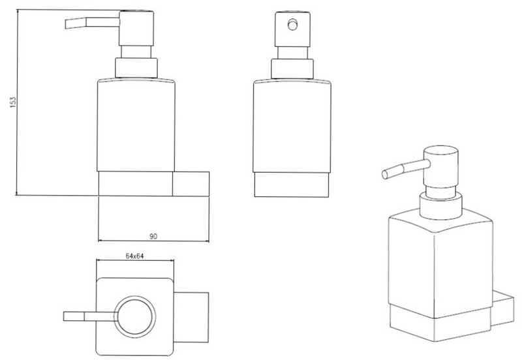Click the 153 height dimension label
pyautogui.click(x=12, y=102)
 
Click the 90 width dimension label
pyautogui.click(x=153, y=237)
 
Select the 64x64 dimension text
pyautogui.click(x=134, y=256)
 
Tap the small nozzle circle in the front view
pyautogui.click(x=292, y=25)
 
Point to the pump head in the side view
pyautogui.click(x=136, y=28)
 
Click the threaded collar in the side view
pyautogui.click(x=136, y=68)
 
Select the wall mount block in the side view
pyautogui.click(x=191, y=184)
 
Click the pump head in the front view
pyautogui.click(x=292, y=29)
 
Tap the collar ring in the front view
pyautogui.click(x=292, y=69)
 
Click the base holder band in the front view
pyautogui.click(x=292, y=185)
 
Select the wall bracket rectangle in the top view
pyautogui.click(x=191, y=318)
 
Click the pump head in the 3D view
pyautogui.click(x=441, y=167)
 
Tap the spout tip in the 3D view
pyautogui.click(x=385, y=175)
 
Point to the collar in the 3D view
pyautogui.click(x=441, y=205)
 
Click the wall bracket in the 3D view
pyautogui.click(x=502, y=308)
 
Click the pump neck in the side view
pyautogui.click(x=136, y=52)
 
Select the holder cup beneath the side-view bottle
pyautogui.click(x=136, y=184)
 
